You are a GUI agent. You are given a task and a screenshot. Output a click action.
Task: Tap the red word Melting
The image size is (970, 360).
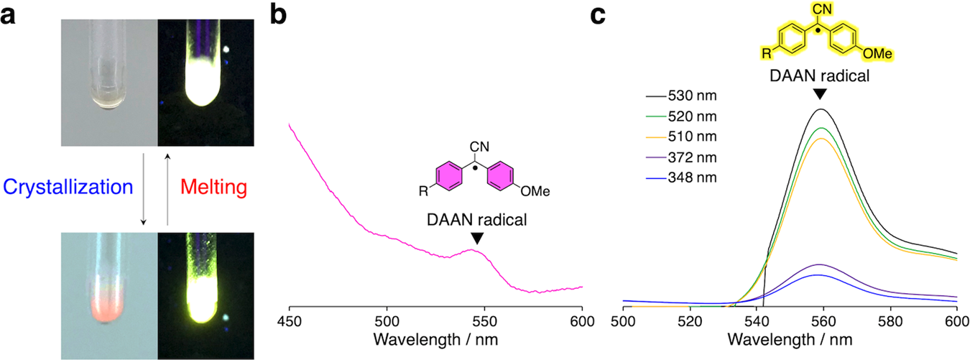(x=213, y=188)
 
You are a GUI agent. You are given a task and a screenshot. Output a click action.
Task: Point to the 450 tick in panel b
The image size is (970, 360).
(x=289, y=320)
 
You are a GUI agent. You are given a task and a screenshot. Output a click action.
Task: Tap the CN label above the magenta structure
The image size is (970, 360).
(x=479, y=147)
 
